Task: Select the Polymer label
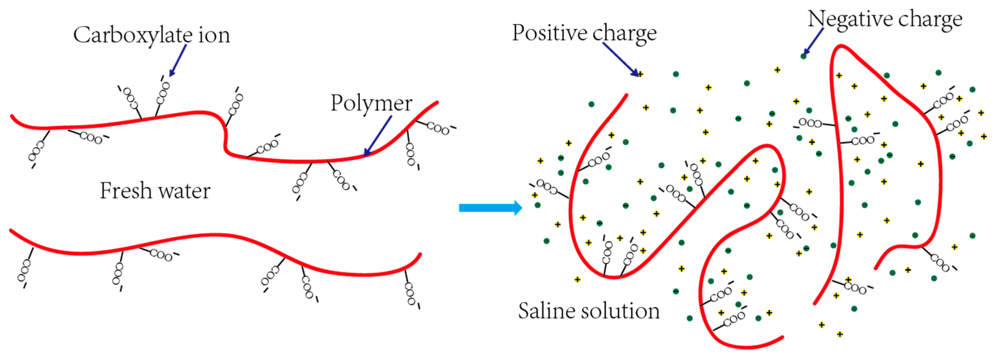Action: [x=371, y=103]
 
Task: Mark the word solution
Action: [x=622, y=311]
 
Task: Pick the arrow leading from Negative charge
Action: [x=813, y=42]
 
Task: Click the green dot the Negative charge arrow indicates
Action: [x=803, y=56]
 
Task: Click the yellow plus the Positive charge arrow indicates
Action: [x=640, y=74]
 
